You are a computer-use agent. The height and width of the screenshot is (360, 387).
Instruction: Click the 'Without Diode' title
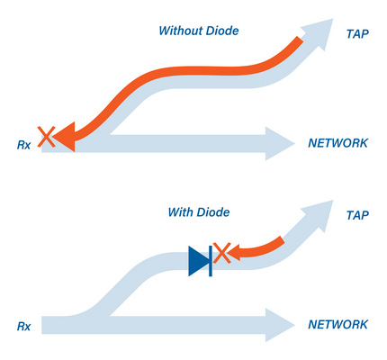coord(199,31)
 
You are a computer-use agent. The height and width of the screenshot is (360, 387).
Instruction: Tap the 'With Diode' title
coord(199,212)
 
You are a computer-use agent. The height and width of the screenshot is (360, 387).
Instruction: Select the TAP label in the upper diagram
coord(357,34)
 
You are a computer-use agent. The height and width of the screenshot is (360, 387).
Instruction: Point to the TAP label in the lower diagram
coord(357,215)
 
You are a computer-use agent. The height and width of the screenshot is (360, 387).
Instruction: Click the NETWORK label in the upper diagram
coord(337,143)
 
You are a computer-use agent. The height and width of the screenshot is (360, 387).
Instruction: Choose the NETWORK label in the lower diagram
coord(337,324)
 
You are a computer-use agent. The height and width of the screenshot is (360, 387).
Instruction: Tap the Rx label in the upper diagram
coord(23,145)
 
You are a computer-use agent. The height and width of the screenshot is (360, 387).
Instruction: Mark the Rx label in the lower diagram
coord(23,326)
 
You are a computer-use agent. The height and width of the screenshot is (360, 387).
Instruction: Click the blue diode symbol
coord(201,261)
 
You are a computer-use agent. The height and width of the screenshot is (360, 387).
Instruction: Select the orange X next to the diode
coord(222,253)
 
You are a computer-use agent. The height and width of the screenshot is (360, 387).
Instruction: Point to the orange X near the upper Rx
coord(46,137)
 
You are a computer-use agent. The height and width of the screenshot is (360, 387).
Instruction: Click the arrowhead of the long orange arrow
coord(65,137)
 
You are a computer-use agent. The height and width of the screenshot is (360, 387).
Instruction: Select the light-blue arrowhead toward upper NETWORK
coord(280,144)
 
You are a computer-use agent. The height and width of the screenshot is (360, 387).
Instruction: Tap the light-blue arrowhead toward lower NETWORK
coord(280,325)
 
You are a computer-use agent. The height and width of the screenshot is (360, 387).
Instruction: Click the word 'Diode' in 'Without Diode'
coord(222,31)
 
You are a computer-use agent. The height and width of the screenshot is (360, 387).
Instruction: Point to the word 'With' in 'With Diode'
coord(178,212)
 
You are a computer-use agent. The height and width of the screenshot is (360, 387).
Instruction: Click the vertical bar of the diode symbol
coord(211,261)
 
